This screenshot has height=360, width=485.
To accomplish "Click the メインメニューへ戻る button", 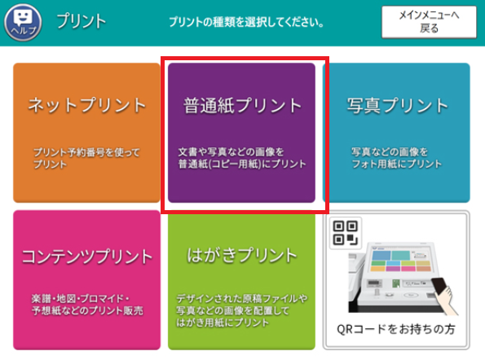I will click(429, 21).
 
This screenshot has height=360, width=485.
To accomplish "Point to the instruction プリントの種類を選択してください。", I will click(242, 22).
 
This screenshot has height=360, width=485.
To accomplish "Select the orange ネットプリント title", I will click(87, 105).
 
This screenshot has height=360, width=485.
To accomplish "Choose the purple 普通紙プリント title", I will click(242, 105).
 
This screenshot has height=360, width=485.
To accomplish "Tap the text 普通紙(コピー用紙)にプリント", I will click(242, 164).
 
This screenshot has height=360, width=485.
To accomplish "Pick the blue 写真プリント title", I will click(398, 105).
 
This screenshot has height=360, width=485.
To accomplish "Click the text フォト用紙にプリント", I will click(396, 164).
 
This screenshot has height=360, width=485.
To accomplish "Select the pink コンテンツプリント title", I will click(87, 257).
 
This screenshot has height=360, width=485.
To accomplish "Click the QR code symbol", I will click(344, 233).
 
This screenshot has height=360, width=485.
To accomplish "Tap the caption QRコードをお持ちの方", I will click(397, 331).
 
